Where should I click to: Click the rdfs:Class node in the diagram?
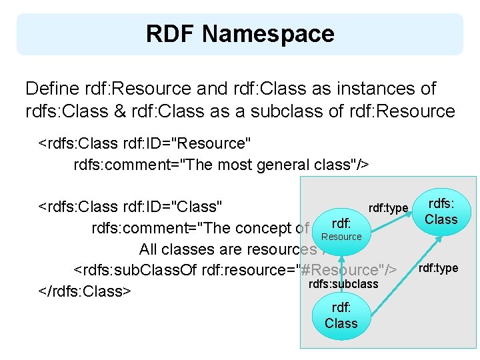coord(442,212)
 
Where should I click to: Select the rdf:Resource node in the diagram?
coord(341,228)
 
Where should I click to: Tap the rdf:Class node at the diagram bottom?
coord(341,315)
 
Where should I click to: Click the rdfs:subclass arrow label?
coord(343,284)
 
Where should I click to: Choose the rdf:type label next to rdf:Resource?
coord(388,209)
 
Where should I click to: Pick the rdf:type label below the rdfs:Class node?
coord(438,268)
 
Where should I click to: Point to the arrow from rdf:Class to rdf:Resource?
coord(341,273)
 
